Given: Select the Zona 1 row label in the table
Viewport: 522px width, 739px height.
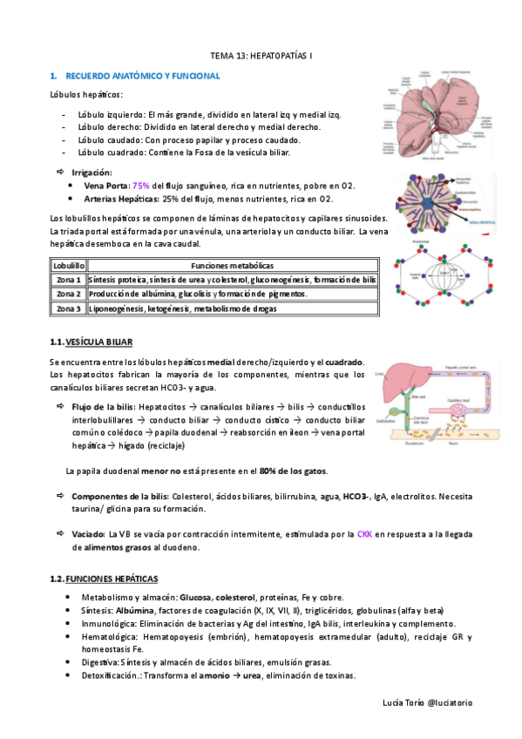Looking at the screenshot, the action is (x=67, y=280).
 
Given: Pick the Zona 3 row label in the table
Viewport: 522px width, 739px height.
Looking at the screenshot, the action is (x=67, y=308).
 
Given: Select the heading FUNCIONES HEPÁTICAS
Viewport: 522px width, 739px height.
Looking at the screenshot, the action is (x=112, y=579).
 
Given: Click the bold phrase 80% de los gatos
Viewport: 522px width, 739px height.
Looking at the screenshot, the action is (x=293, y=471).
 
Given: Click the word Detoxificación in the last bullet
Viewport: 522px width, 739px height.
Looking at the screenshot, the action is (x=110, y=676).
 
